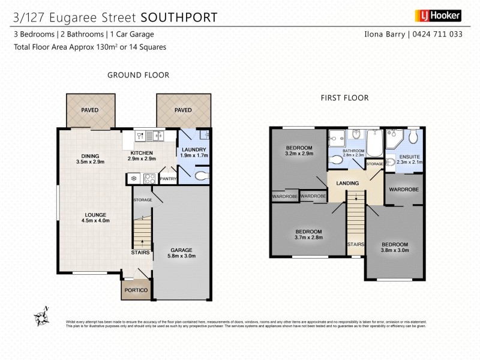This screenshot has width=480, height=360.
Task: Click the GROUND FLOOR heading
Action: pos(138,75)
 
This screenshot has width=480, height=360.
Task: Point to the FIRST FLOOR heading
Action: pos(344,98)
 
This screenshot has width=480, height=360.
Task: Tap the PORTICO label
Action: pos(136,290)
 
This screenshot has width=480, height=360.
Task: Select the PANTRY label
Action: pos(168,178)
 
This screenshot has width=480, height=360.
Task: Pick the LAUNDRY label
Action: pos(193,150)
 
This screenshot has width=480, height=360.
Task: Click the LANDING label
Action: pos(347,184)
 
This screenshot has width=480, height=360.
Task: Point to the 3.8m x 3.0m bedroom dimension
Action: pos(395,252)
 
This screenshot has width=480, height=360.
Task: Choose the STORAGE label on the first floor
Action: pos(374,164)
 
